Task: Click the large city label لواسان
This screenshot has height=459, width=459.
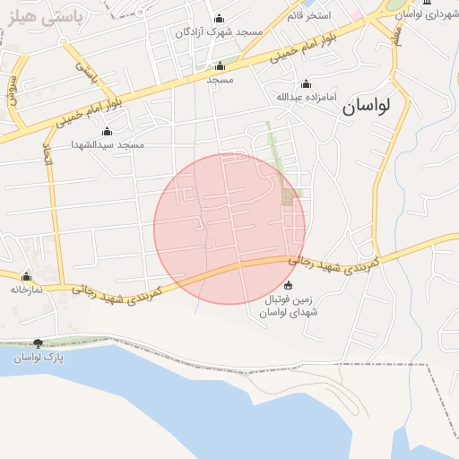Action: click(x=366, y=105)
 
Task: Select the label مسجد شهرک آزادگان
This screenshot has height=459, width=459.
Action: click(x=220, y=31)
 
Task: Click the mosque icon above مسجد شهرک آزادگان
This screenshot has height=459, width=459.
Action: click(x=220, y=18)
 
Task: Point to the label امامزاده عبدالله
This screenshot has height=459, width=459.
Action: click(x=306, y=97)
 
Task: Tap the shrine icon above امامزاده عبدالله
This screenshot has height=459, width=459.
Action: click(x=306, y=83)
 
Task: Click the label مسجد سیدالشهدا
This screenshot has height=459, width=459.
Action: click(x=108, y=144)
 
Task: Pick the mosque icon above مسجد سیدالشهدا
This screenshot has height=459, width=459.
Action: click(x=108, y=132)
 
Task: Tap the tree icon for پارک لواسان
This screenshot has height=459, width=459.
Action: click(x=38, y=343)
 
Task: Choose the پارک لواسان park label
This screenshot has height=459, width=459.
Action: click(x=38, y=358)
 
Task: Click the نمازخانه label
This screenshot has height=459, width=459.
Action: click(x=27, y=290)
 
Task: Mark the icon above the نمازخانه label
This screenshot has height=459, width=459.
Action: click(x=27, y=276)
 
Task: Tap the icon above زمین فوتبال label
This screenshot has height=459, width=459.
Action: click(x=288, y=287)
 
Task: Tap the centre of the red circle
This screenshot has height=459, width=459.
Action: click(x=229, y=229)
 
